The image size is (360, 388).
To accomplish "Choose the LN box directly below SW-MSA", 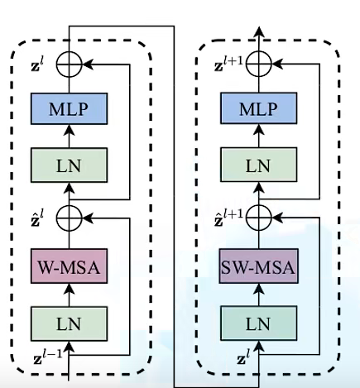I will (x=260, y=321).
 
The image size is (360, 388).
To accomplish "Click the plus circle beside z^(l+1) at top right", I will (x=260, y=60).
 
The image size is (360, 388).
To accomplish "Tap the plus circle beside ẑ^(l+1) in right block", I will (x=260, y=218).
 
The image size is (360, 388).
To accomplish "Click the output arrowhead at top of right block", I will (x=260, y=31).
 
